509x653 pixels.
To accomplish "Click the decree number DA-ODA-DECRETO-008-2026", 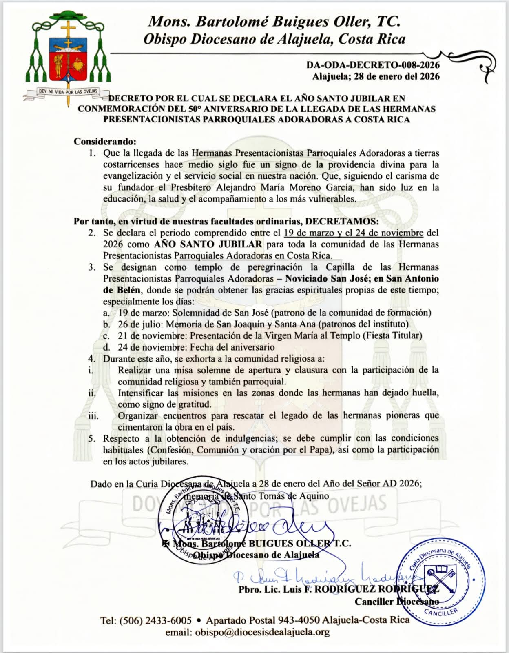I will (373, 65).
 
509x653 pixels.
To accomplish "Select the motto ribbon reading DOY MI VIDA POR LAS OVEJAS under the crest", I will (68, 92).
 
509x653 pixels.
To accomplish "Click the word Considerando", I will (104, 142).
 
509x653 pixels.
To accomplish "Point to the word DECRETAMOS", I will (342, 221).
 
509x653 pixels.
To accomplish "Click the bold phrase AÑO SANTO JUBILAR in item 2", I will (208, 244).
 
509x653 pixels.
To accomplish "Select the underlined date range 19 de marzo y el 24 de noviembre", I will (353, 233).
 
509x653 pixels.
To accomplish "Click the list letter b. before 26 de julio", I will (106, 324).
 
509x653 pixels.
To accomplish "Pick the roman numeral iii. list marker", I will (93, 416).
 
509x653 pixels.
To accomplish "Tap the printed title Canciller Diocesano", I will (396, 602).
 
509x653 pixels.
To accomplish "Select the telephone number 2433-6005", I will (168, 620).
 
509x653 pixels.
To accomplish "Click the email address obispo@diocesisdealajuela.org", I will (262, 632).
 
